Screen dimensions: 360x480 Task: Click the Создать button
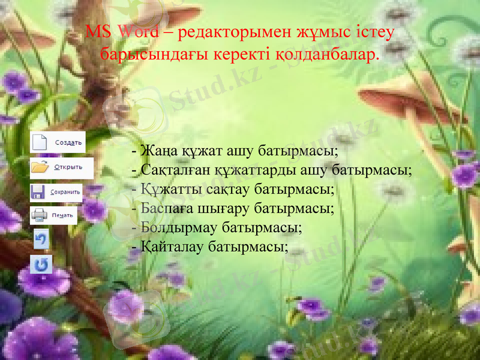click(58, 143)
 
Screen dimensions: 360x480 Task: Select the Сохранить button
click(56, 192)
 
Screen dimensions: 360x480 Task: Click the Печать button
click(53, 215)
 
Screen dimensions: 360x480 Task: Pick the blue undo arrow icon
click(41, 239)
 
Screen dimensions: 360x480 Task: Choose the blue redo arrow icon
click(41, 264)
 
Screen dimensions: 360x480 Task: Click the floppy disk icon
click(38, 192)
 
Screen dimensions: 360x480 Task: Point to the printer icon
click(39, 215)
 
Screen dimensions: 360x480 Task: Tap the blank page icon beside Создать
click(39, 143)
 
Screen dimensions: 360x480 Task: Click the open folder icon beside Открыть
click(40, 167)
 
